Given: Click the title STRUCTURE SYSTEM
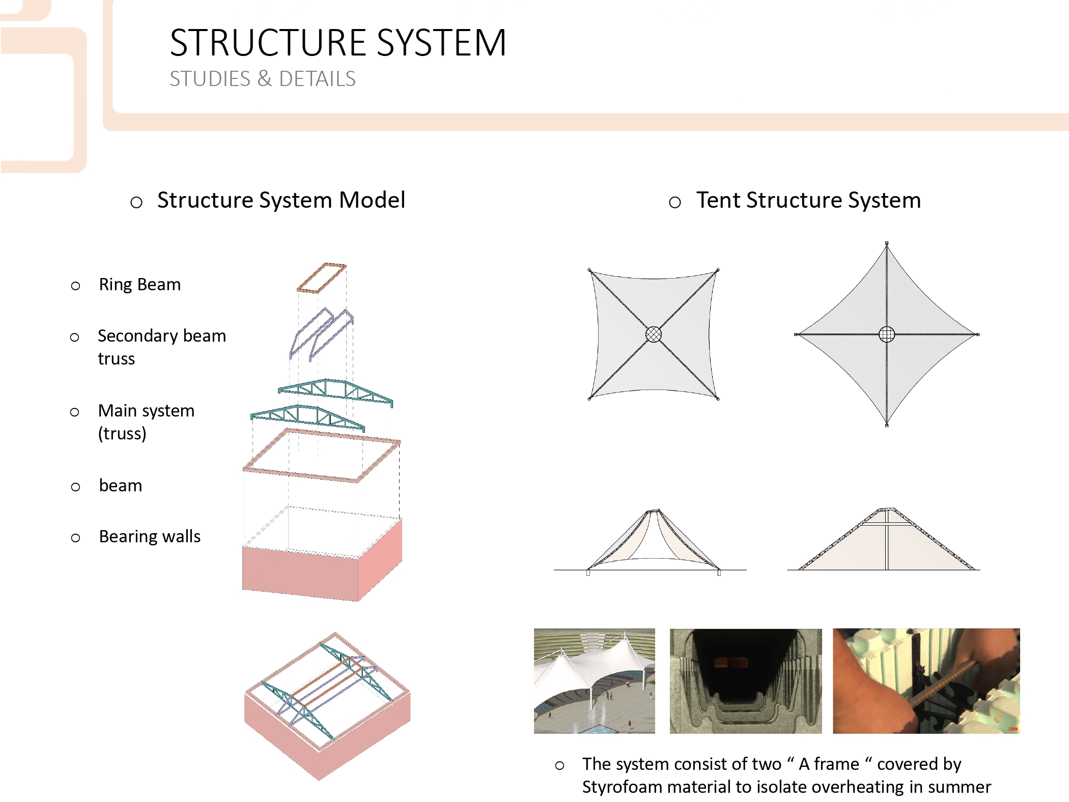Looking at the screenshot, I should [x=338, y=43].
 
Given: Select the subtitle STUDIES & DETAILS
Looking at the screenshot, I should [x=263, y=79].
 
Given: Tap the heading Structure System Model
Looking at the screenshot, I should [x=281, y=200].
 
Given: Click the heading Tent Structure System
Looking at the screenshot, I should [x=808, y=200].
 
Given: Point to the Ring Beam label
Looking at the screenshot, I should [x=139, y=284].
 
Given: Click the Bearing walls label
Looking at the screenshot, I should [x=150, y=536].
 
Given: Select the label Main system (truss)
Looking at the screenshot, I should [x=146, y=422].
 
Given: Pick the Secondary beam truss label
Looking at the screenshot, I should [x=161, y=347].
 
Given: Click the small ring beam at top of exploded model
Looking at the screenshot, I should [x=322, y=278].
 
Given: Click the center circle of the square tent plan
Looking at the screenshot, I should [x=654, y=334].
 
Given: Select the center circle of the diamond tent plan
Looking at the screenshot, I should [x=887, y=334].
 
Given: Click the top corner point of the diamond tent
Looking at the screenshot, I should [x=887, y=244].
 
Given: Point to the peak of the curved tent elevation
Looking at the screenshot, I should [x=653, y=511].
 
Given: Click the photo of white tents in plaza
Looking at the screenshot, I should [x=594, y=681].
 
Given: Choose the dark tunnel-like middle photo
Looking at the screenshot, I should [x=746, y=681].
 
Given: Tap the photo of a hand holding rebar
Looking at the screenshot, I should [x=926, y=681].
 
